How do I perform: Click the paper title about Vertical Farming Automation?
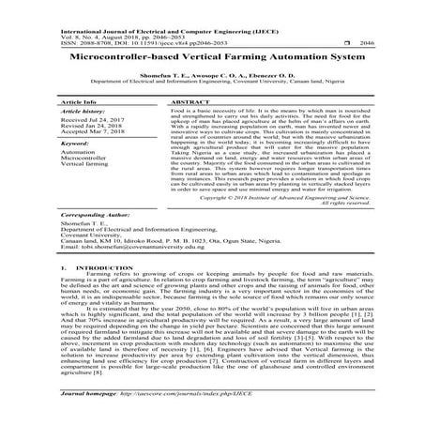click(x=212, y=55)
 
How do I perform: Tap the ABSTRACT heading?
click(x=192, y=99)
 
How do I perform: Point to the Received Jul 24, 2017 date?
click(x=92, y=120)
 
